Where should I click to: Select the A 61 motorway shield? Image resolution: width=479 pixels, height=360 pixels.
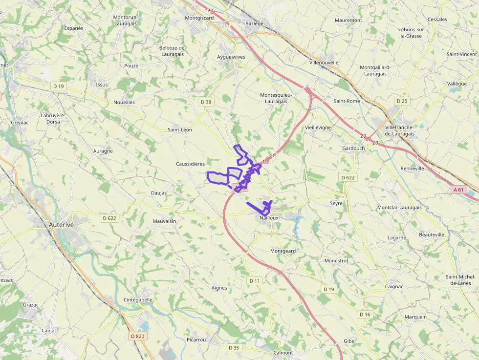[458, 189]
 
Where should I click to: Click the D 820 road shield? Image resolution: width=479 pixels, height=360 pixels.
[138, 336]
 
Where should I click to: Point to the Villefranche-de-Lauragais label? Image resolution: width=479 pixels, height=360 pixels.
[400, 130]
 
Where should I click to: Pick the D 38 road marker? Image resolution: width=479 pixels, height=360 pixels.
[206, 102]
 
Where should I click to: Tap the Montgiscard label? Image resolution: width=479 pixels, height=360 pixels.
[199, 18]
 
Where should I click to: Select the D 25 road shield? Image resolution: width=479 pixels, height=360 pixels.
[402, 101]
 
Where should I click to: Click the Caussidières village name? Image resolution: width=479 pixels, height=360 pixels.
[190, 164]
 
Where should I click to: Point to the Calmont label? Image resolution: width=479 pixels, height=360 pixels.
[283, 353]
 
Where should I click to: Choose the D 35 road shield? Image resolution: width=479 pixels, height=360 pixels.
[234, 348]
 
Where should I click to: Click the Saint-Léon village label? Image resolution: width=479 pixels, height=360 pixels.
[180, 130]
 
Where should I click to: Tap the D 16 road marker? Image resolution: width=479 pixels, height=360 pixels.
[365, 314]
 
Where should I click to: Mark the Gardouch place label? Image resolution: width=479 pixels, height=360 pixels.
[353, 148]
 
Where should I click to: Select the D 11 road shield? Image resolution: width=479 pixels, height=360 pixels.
[255, 281]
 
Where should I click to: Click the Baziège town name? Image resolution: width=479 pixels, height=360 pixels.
[254, 23]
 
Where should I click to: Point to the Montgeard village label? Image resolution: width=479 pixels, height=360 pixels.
[283, 251]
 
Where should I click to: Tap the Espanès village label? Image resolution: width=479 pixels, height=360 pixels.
[74, 28]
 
